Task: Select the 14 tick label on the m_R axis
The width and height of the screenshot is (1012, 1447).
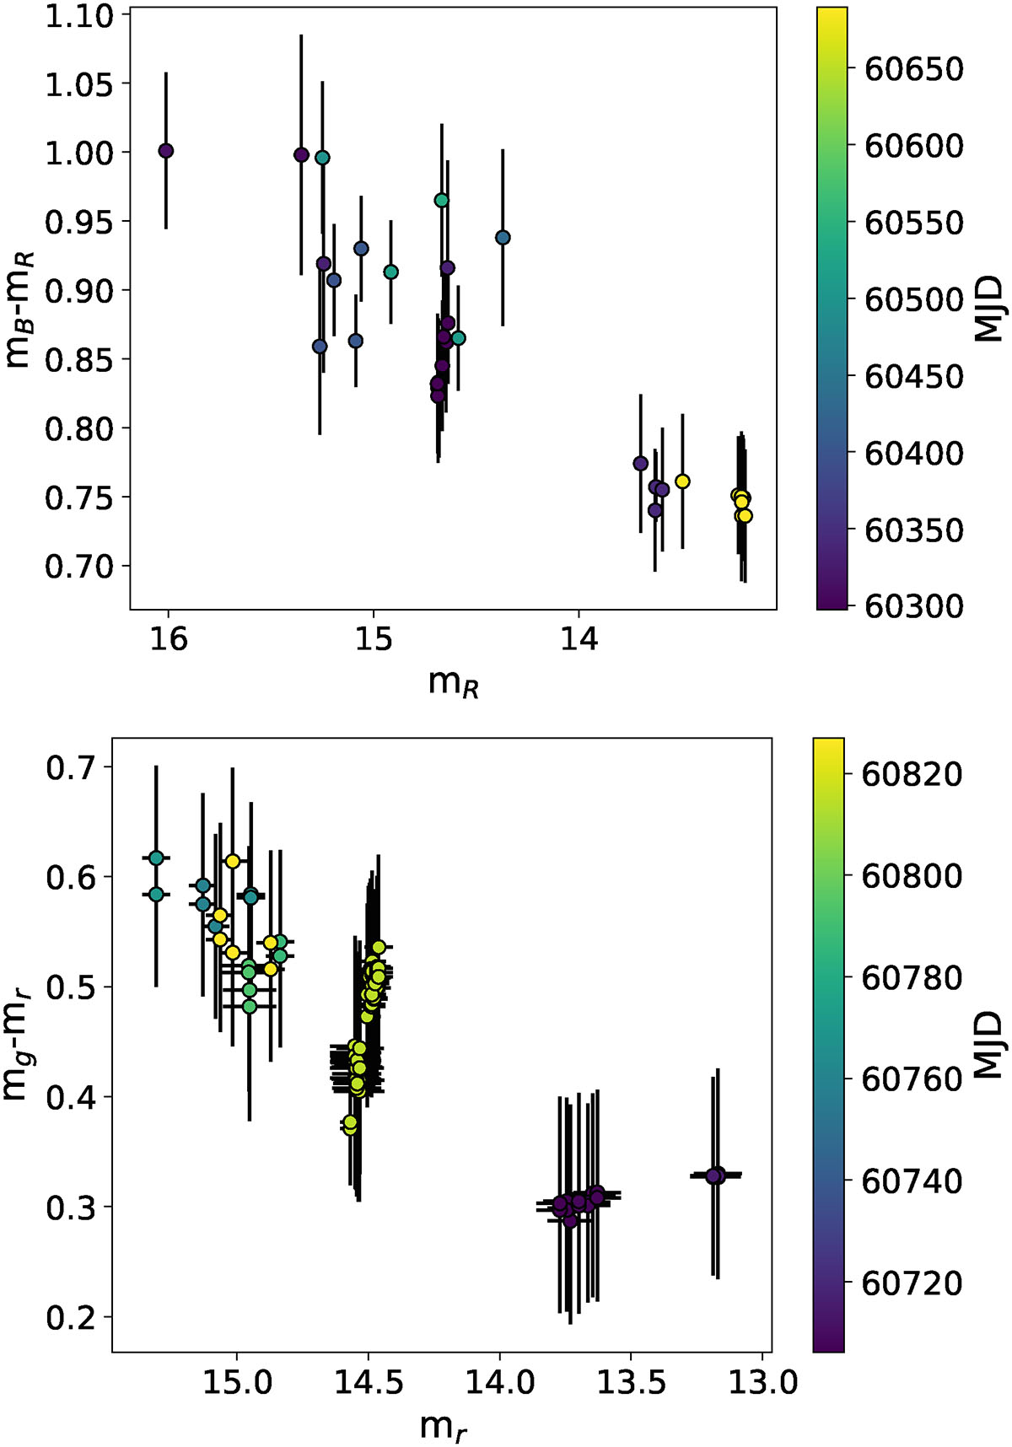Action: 579,640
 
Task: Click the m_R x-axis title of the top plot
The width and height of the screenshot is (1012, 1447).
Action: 454,682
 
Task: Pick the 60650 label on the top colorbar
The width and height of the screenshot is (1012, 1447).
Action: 902,68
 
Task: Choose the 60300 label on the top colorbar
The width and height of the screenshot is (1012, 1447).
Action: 902,605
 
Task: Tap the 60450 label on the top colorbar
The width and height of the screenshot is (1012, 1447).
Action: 902,376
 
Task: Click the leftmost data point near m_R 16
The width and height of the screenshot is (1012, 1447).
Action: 166,151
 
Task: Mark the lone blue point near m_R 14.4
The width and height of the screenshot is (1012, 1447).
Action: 503,237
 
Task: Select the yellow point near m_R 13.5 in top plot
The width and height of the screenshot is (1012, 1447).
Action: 682,481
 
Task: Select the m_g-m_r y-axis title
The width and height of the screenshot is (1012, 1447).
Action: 20,1046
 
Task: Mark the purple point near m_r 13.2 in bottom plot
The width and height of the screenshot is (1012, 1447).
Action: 714,1175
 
